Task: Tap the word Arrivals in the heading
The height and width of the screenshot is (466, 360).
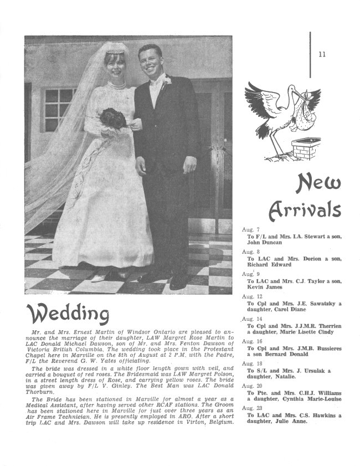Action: (304, 210)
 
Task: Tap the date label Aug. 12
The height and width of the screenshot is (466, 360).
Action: (251, 297)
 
